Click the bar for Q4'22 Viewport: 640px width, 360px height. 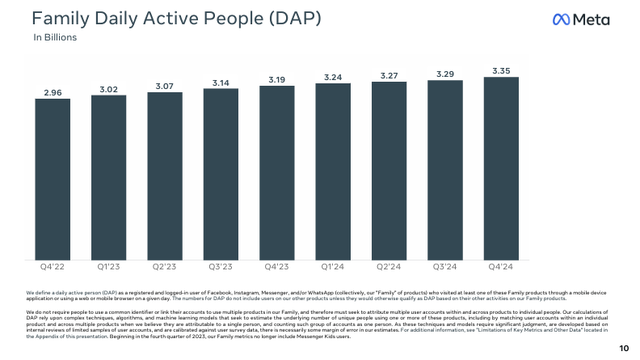point(52,181)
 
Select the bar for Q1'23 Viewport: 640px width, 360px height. point(108,178)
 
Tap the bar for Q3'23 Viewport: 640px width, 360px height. point(220,174)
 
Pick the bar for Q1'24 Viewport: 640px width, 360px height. point(332,172)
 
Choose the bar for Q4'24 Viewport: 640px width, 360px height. point(500,169)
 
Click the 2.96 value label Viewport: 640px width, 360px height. point(52,92)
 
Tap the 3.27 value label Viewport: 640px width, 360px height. point(388,74)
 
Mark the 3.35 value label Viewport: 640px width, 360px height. point(500,70)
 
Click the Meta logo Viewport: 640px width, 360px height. point(588,20)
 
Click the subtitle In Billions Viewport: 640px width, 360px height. point(56,38)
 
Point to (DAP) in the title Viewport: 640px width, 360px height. point(285,19)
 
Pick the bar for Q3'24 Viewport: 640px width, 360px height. point(444,170)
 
